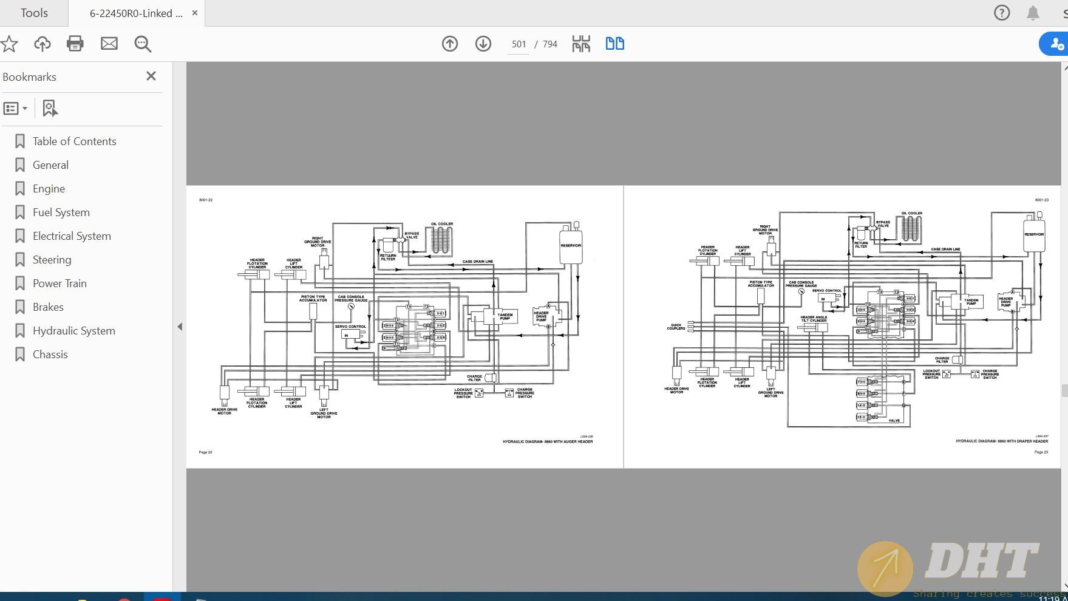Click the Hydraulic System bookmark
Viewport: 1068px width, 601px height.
coord(73,331)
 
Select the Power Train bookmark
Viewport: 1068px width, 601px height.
coord(60,284)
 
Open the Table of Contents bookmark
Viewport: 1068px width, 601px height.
coord(74,141)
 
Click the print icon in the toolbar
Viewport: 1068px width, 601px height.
coord(75,44)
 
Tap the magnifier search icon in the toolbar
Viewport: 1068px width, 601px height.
coord(143,44)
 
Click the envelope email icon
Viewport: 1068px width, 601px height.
coord(109,44)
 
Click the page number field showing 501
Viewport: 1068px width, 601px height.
coord(519,44)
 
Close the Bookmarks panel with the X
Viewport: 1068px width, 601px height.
coord(151,76)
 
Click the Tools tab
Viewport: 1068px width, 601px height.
coord(34,13)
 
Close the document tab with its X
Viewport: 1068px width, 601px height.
coord(195,13)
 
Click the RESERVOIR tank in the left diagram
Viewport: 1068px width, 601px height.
coord(570,246)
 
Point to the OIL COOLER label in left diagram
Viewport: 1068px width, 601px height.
coord(442,224)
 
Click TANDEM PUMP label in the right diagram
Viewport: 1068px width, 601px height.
coord(971,301)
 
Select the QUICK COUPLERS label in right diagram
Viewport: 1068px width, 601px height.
coord(676,327)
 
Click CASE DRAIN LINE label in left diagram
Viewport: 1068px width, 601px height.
coord(477,262)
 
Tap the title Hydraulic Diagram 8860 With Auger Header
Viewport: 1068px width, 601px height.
coord(547,441)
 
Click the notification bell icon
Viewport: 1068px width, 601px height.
coord(1033,13)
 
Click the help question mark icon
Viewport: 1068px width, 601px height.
coord(1002,13)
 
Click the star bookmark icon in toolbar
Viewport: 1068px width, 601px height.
coord(9,44)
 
